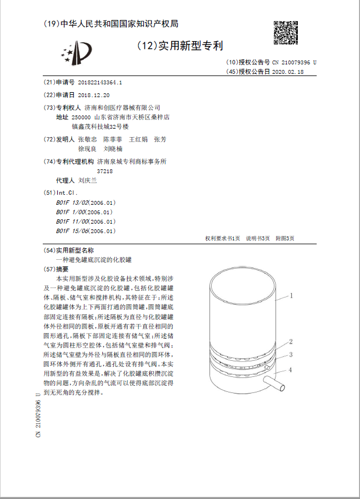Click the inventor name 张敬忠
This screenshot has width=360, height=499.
[x=87, y=139]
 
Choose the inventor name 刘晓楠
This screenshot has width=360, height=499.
[x=113, y=149]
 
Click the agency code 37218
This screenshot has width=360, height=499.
[x=105, y=171]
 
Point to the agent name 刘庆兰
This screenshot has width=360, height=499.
[x=88, y=180]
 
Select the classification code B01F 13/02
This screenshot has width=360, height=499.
[x=72, y=203]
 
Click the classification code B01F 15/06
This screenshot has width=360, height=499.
[x=72, y=231]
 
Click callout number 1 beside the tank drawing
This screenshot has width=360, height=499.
[x=291, y=296]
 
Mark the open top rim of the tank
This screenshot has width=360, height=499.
[x=242, y=289]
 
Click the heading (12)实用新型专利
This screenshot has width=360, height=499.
[x=179, y=46]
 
